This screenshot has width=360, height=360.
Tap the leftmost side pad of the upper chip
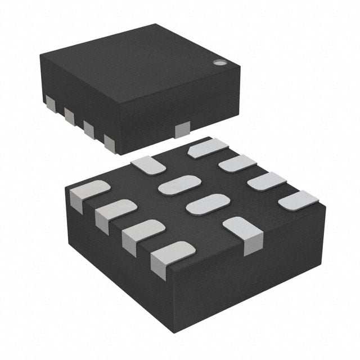point(50,103)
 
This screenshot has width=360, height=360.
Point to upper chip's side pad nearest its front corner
point(109,143)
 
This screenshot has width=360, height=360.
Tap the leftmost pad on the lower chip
point(88,192)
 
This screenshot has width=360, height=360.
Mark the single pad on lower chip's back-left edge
point(148,164)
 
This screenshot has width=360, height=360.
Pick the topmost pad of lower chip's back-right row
point(207,147)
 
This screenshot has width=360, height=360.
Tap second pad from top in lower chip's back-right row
point(237,164)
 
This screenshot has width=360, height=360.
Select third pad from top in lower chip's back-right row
point(267,181)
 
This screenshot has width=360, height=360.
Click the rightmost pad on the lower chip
point(298,200)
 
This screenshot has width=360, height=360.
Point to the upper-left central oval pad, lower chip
point(179,184)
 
